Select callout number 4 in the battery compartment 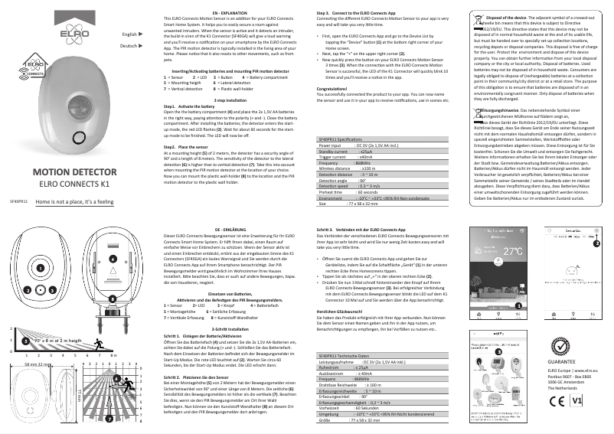[x=112, y=259]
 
